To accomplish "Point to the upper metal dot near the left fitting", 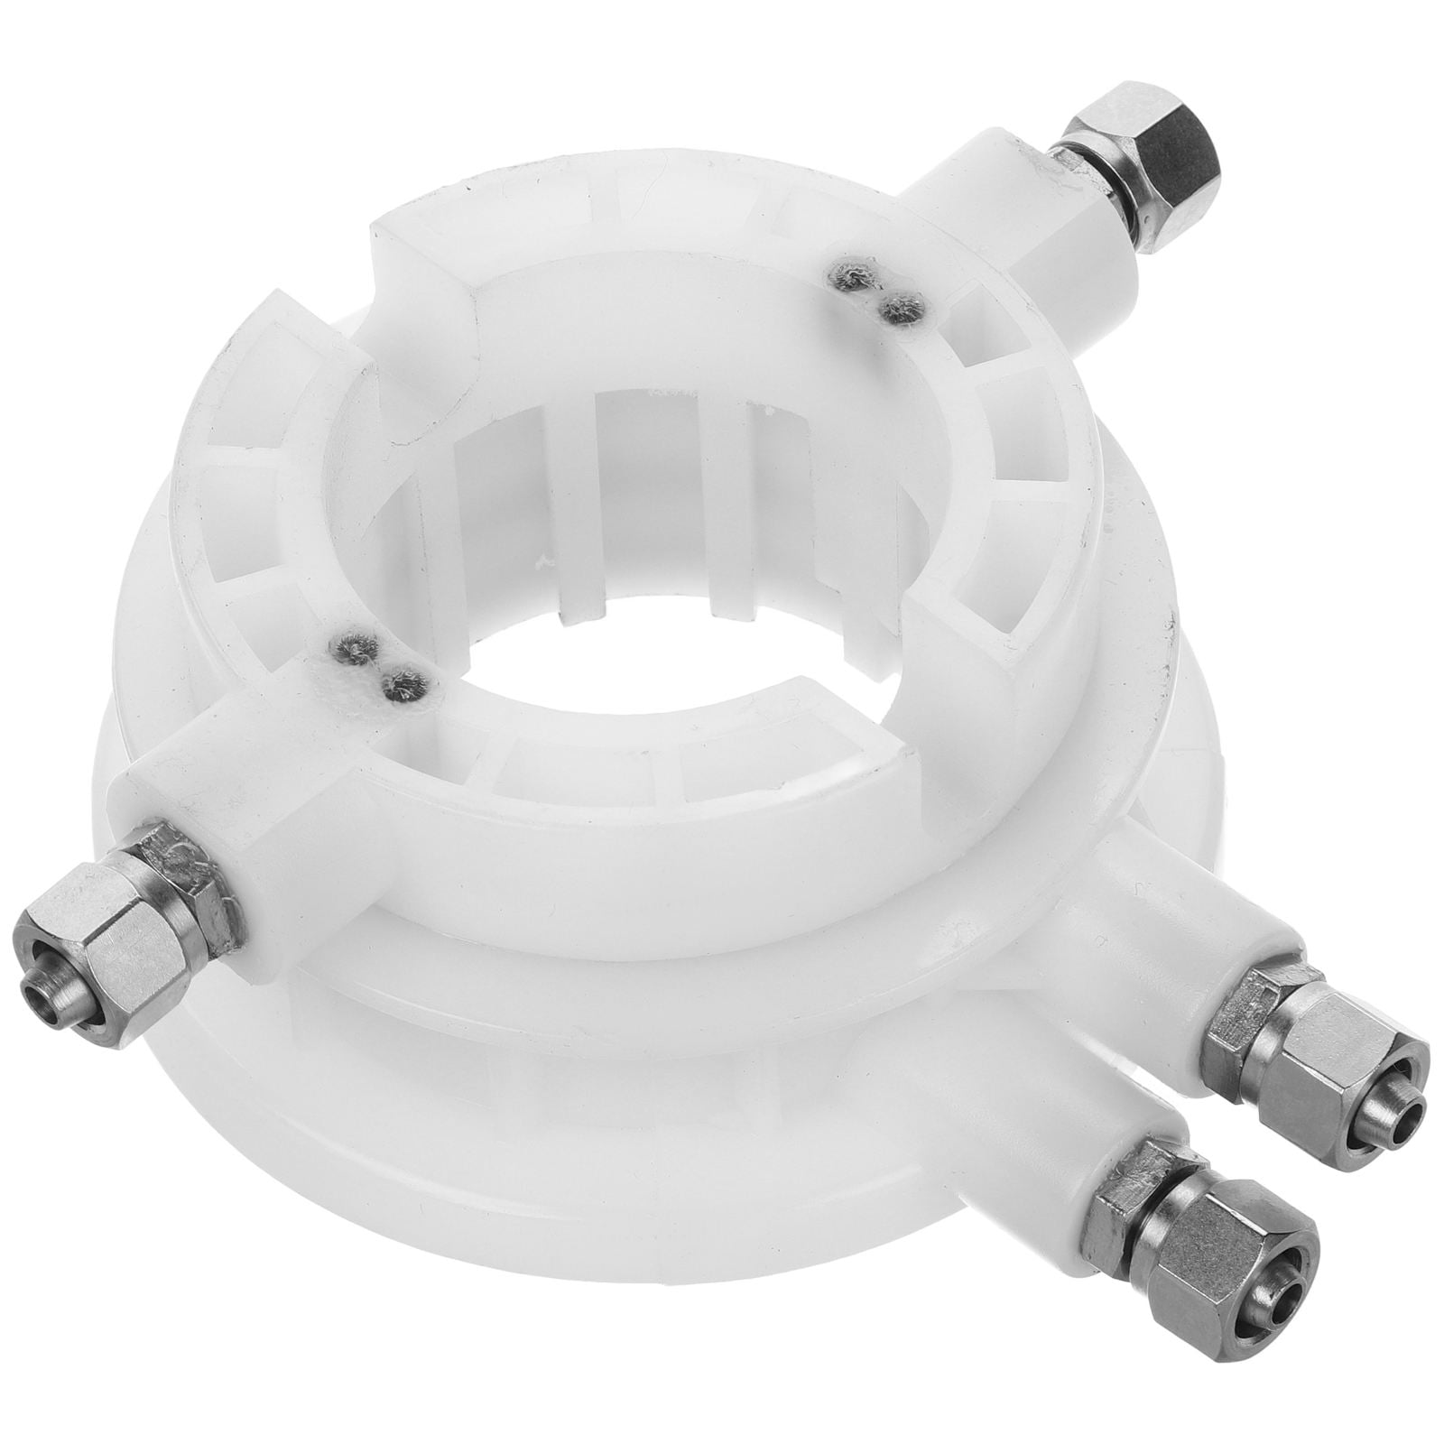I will (x=347, y=646).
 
